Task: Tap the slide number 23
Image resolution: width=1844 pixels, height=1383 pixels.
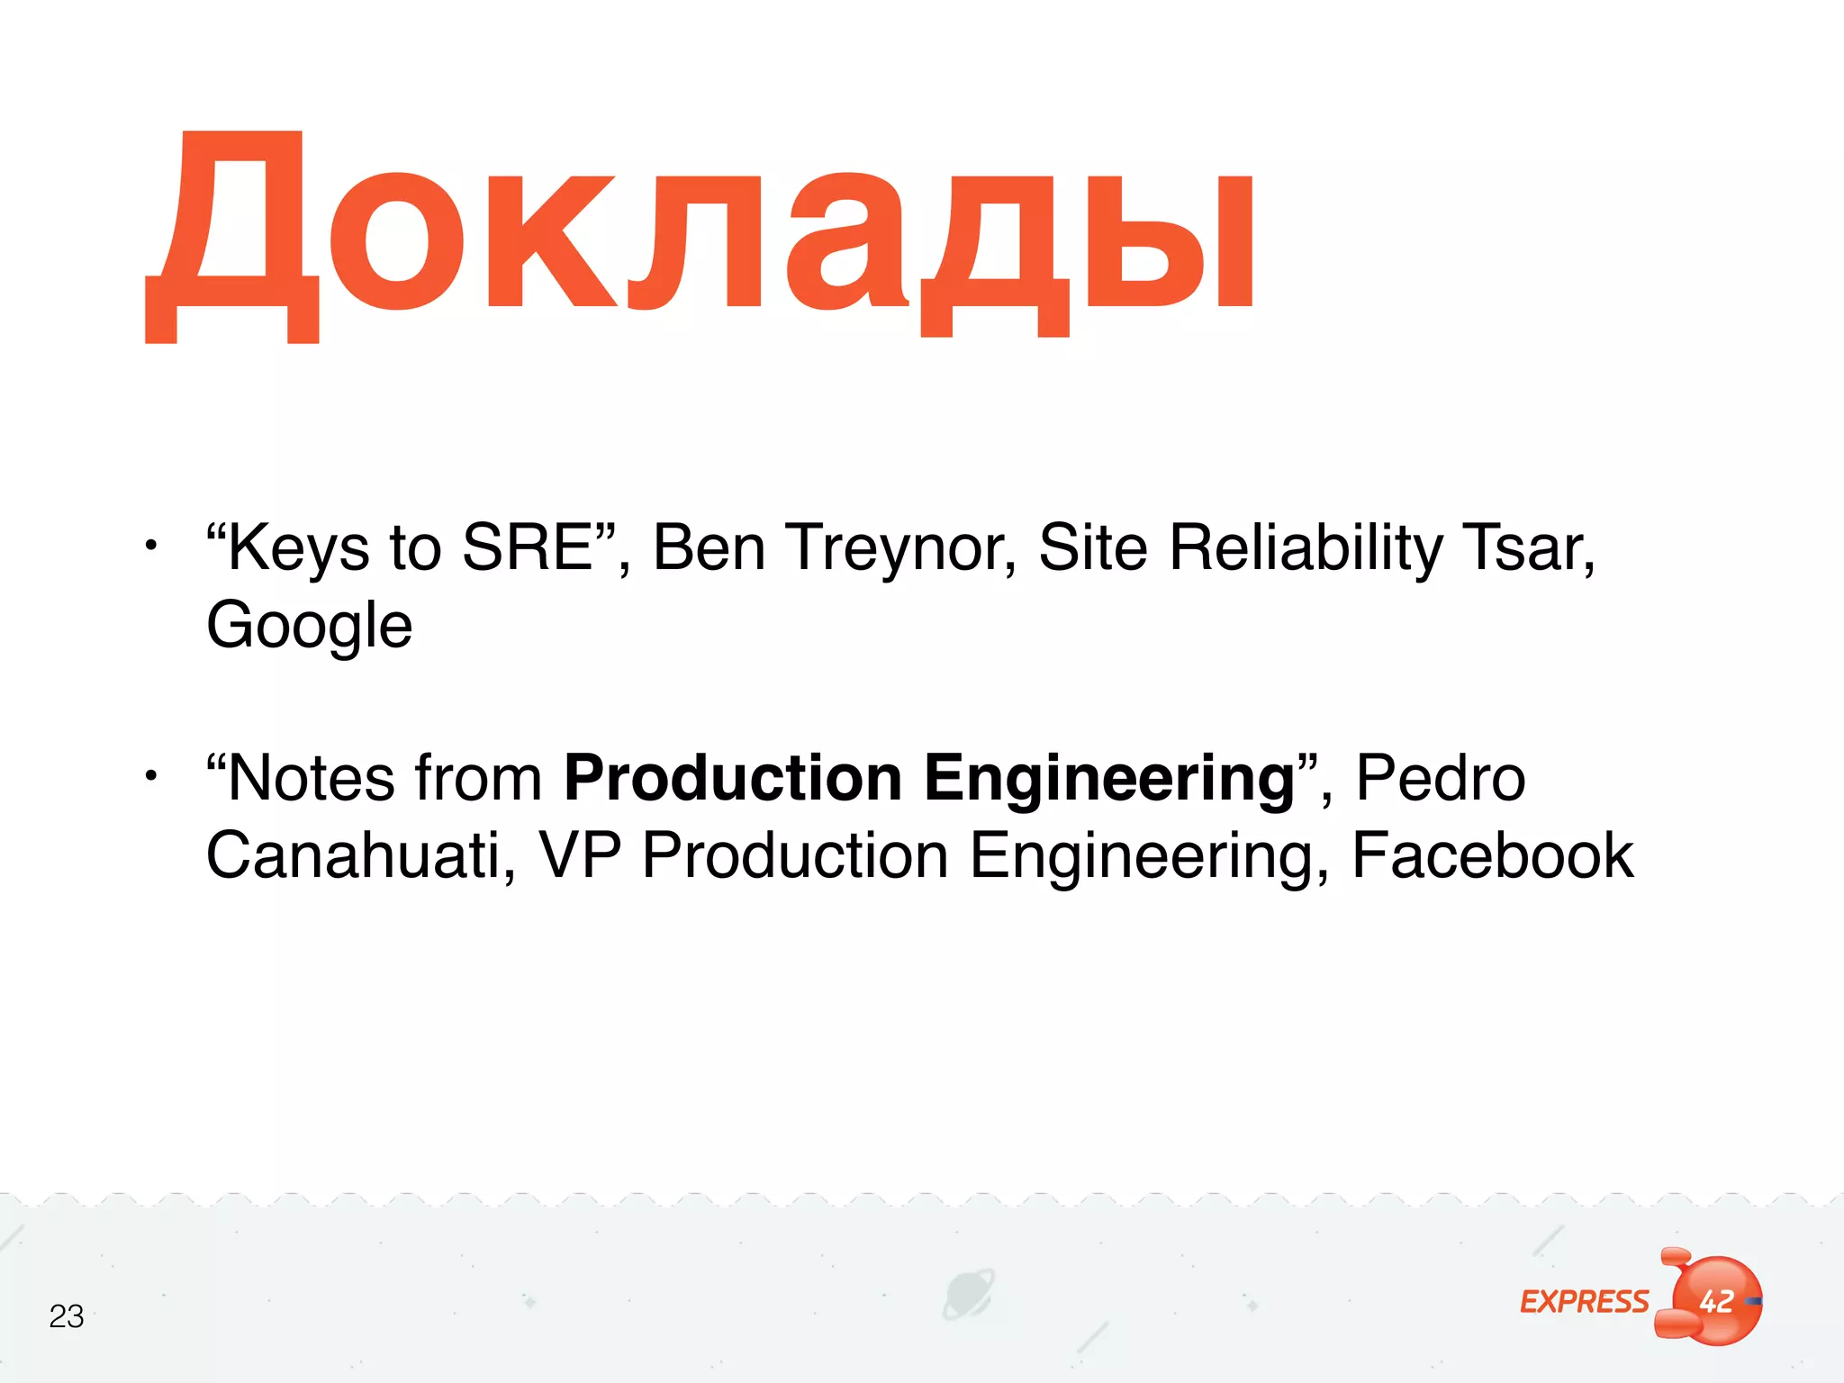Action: (67, 1316)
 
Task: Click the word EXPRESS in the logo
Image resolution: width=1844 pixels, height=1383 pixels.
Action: (1584, 1302)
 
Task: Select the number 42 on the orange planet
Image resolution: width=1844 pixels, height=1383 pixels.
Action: (1716, 1301)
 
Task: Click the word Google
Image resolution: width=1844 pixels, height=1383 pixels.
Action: (309, 625)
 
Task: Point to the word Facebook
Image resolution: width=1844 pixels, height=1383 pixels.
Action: (1492, 855)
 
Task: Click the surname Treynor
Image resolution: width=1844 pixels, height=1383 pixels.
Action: (900, 547)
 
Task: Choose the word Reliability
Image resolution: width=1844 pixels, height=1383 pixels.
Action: (1306, 547)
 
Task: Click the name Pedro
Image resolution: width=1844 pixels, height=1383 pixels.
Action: (1440, 778)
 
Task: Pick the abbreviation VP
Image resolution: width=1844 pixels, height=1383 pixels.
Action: (580, 855)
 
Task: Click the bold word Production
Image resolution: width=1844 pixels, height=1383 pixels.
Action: (733, 778)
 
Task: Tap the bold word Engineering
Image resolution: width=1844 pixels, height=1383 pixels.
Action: (1109, 778)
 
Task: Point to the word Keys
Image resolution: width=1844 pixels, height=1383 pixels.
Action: (297, 547)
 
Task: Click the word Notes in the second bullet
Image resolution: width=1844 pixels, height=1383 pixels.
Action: (310, 778)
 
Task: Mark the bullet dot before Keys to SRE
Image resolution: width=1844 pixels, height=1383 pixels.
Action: (151, 545)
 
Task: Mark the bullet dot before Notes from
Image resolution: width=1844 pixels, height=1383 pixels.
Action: (151, 775)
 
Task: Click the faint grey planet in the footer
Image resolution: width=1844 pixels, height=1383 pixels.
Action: (968, 1295)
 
